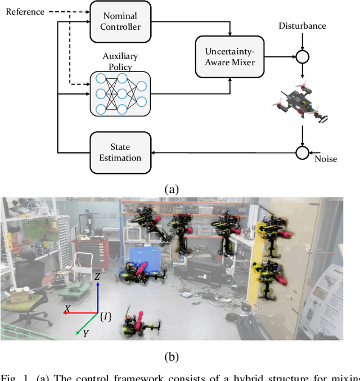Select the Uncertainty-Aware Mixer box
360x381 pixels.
pyautogui.click(x=229, y=57)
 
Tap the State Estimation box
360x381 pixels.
pyautogui.click(x=120, y=152)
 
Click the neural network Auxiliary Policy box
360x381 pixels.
pyautogui.click(x=120, y=93)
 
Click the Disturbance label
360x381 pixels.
pyautogui.click(x=302, y=26)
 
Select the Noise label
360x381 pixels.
pyautogui.click(x=326, y=159)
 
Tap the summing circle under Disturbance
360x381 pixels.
pyautogui.click(x=303, y=57)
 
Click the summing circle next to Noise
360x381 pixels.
pyautogui.click(x=303, y=152)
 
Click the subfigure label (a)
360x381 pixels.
pyautogui.click(x=171, y=190)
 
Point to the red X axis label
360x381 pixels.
pyautogui.click(x=67, y=308)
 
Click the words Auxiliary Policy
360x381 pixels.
pyautogui.click(x=120, y=62)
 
